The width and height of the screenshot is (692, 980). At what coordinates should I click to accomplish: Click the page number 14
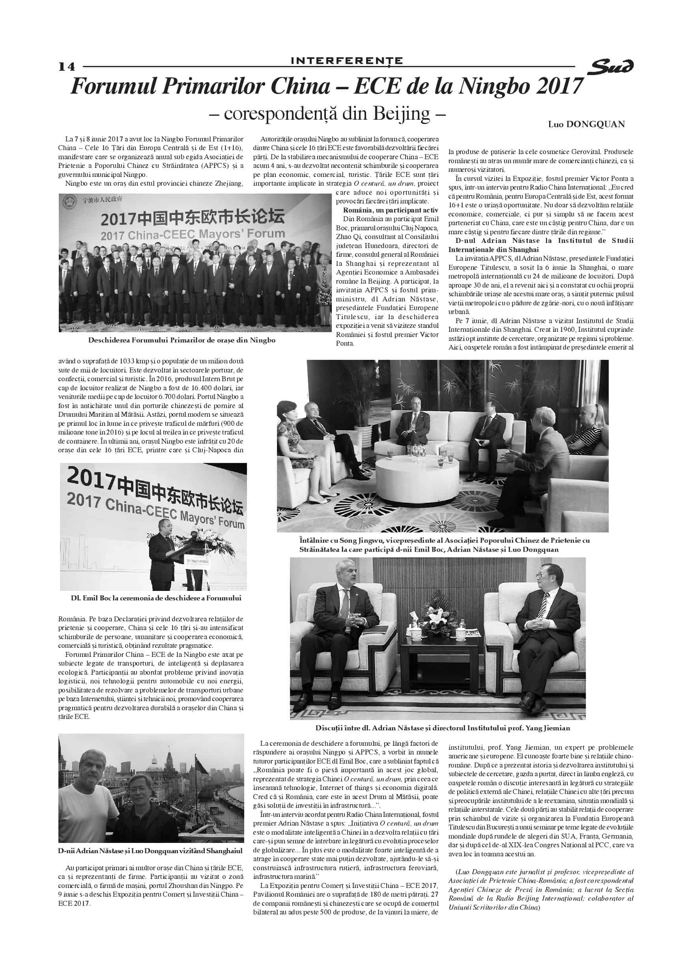pos(67,67)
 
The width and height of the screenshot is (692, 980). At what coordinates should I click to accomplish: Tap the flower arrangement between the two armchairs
pos(438,618)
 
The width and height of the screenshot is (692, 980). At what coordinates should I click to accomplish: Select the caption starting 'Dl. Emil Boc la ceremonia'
pos(156,598)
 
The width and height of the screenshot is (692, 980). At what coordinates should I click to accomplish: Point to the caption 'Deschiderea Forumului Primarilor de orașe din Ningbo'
pos(181,340)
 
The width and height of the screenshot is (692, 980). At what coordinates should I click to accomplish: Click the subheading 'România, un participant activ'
pos(391,210)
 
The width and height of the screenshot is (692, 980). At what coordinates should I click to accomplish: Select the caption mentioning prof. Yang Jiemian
pos(443,728)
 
